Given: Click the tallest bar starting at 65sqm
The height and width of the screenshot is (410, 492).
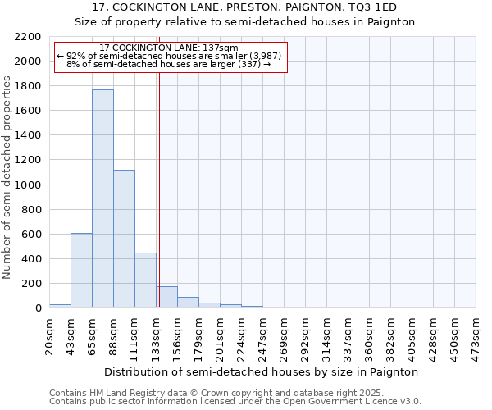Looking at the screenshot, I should pyautogui.click(x=102, y=198).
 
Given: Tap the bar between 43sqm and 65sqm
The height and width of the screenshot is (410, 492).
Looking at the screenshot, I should pyautogui.click(x=81, y=271).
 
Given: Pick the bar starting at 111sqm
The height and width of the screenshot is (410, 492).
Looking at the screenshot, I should pyautogui.click(x=145, y=280).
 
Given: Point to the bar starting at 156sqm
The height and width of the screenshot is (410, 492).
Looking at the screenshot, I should pyautogui.click(x=188, y=303).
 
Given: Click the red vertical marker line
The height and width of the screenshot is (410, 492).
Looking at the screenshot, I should pyautogui.click(x=159, y=189).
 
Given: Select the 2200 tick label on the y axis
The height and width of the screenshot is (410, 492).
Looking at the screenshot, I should pyautogui.click(x=27, y=37).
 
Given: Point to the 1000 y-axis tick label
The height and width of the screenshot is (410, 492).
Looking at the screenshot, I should pyautogui.click(x=27, y=185).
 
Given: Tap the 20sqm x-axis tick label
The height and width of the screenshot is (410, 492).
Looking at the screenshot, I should pyautogui.click(x=49, y=336).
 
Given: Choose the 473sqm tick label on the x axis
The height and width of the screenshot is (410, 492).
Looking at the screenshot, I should pyautogui.click(x=476, y=336).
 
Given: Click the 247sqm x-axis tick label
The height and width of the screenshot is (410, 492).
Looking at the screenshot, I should pyautogui.click(x=262, y=336).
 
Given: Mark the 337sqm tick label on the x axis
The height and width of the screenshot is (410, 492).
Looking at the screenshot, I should pyautogui.click(x=348, y=336).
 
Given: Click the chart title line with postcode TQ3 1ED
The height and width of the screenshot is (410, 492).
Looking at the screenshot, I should pyautogui.click(x=245, y=7).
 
